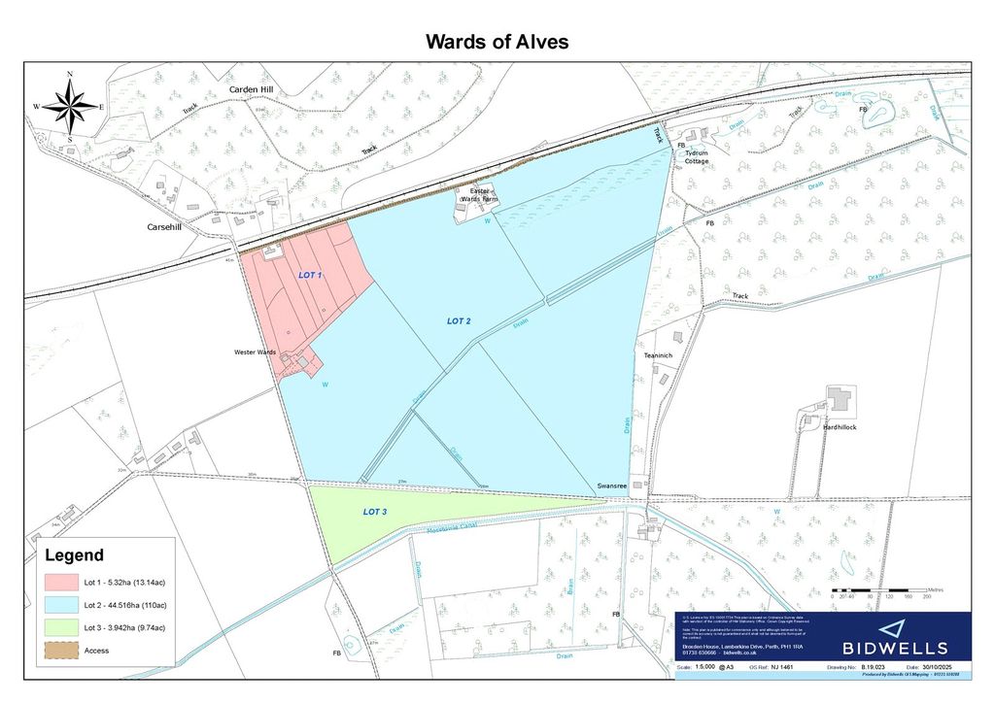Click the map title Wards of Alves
[x=497, y=42]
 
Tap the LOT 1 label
[x=309, y=277]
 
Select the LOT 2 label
[x=465, y=320]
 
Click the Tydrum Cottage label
[x=697, y=156]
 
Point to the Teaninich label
[x=658, y=355]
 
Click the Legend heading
[x=75, y=555]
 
